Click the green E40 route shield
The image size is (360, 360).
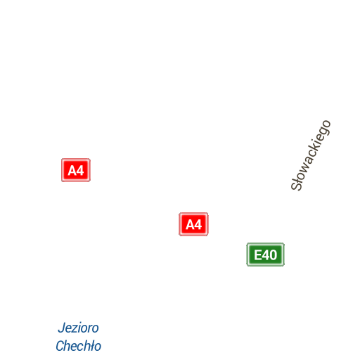266,255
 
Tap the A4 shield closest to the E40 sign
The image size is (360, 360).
193,224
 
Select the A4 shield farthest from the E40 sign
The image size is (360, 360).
76,170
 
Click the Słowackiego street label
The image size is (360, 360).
311,155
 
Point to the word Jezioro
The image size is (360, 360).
78,328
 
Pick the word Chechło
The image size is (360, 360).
78,346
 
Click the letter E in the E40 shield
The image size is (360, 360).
258,255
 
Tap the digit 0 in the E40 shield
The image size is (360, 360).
274,255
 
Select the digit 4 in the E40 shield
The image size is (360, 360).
266,255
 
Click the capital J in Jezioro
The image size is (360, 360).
61,328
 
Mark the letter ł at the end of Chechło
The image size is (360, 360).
91,346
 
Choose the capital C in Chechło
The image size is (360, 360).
60,346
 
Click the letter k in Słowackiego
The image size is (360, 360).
314,150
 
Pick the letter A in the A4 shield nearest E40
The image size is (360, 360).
190,224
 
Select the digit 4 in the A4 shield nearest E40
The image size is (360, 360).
198,224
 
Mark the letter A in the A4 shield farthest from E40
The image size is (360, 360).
72,170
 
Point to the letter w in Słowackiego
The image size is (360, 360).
304,167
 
